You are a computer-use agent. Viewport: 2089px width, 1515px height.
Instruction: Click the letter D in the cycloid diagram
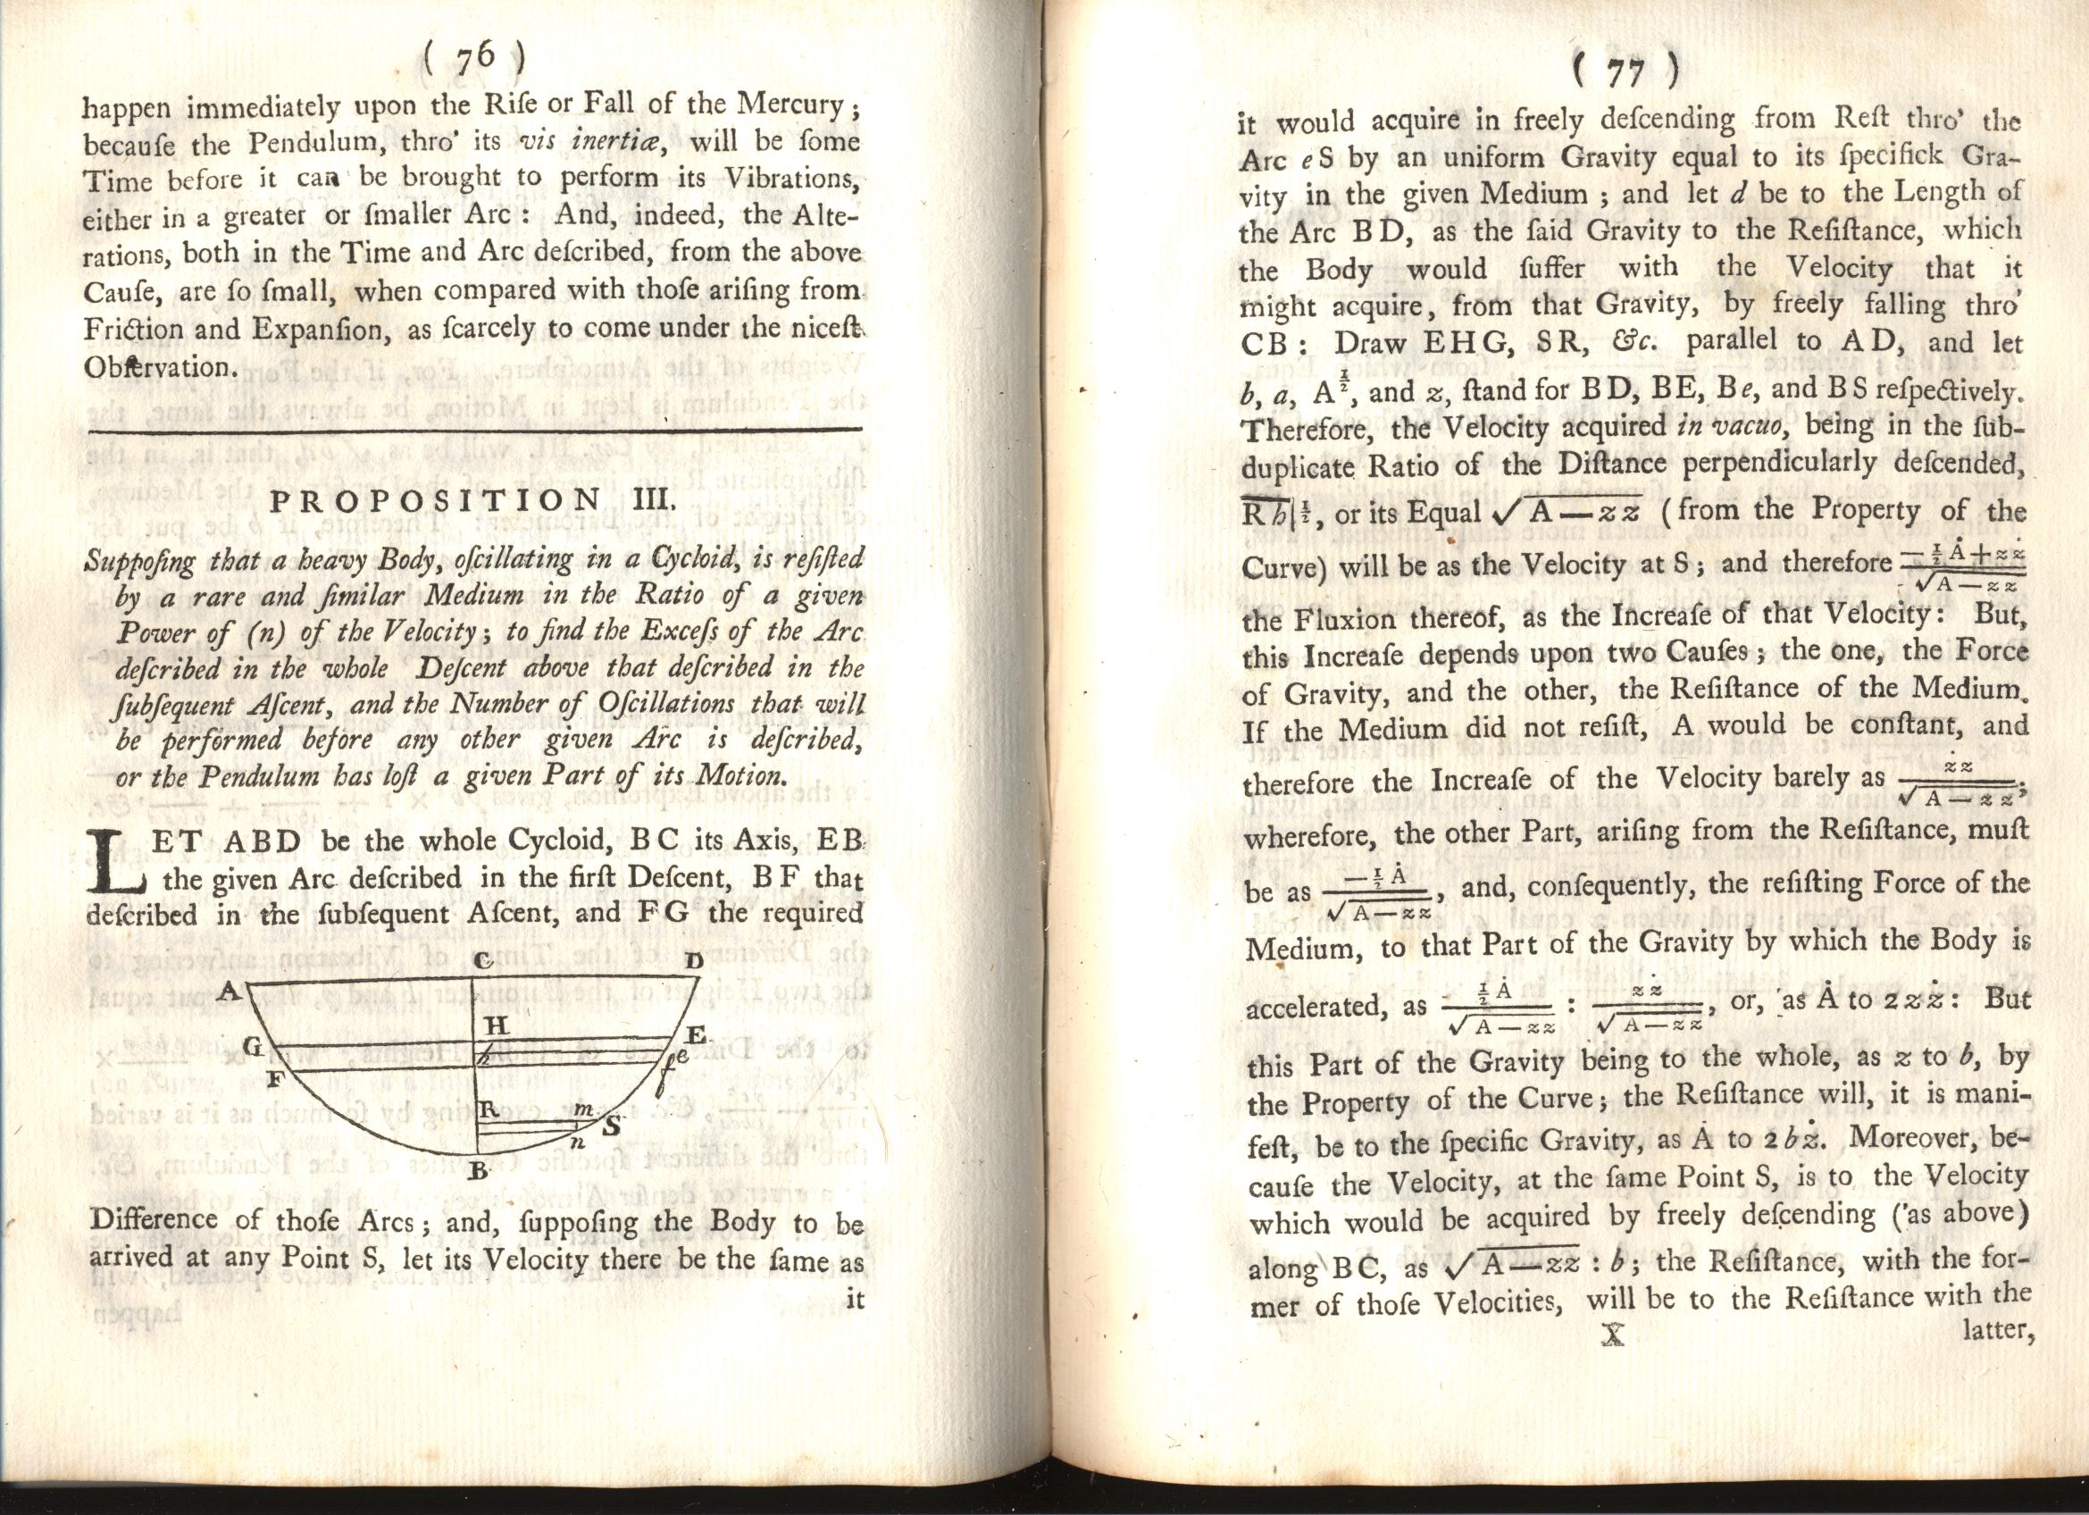[x=694, y=961]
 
